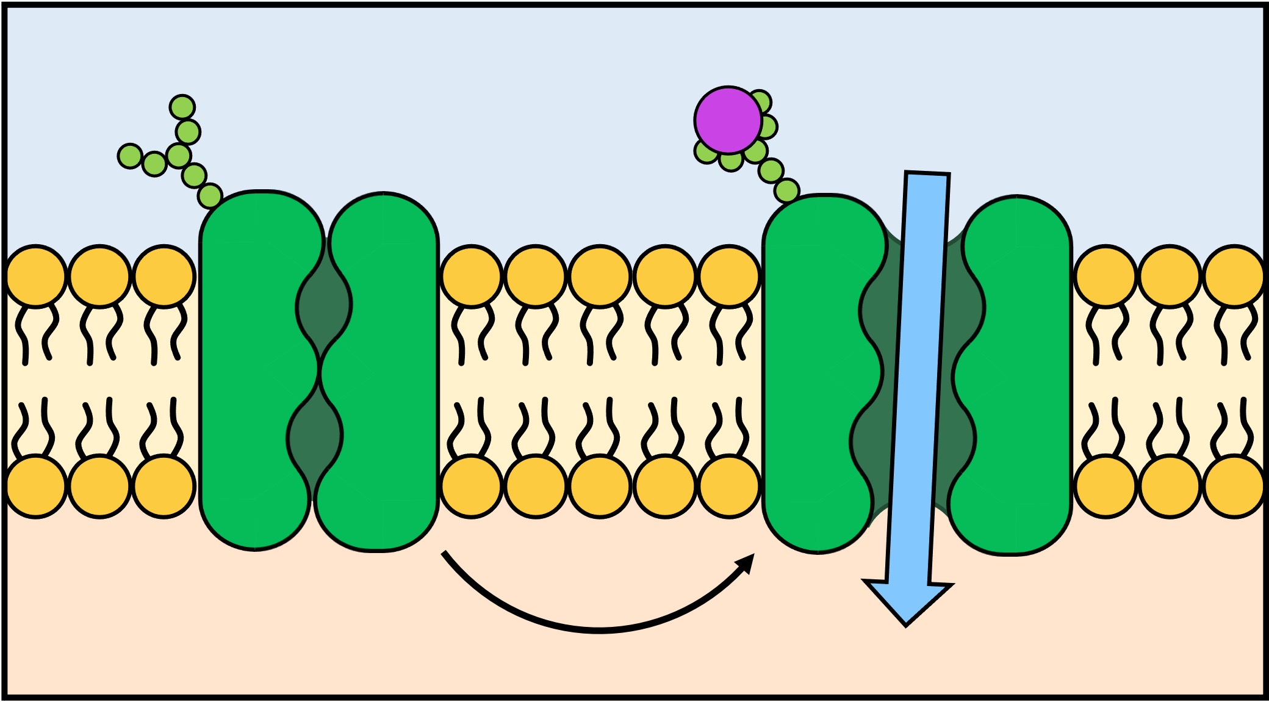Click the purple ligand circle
(728, 120)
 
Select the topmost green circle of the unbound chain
(182, 107)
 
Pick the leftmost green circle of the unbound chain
(130, 156)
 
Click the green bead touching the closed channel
(210, 196)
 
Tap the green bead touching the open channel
(786, 191)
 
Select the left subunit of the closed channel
(256, 366)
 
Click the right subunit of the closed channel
(384, 366)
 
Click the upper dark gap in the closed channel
(324, 305)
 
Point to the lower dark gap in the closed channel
(315, 436)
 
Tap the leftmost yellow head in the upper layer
(36, 276)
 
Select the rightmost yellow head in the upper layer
(1234, 276)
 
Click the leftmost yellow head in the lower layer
(36, 487)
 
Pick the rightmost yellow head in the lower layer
(1234, 487)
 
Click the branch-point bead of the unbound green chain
(179, 156)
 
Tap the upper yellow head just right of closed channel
(472, 276)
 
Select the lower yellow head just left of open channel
(729, 487)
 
